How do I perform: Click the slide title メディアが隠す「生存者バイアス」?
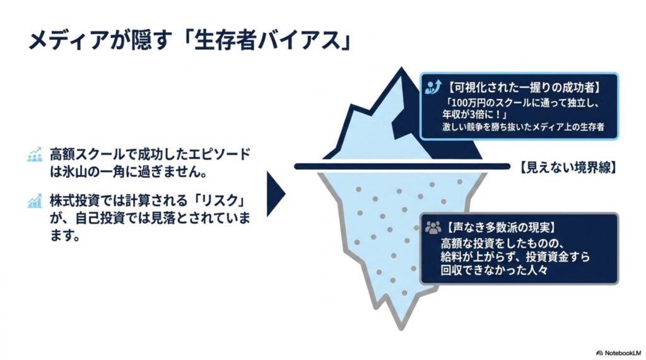[x=189, y=41]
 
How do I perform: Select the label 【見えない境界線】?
[x=567, y=167]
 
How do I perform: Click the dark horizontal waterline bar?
[x=402, y=166]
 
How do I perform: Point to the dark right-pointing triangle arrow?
[x=276, y=194]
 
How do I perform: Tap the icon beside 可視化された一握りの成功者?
[x=433, y=87]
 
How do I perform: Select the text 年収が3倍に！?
[x=474, y=114]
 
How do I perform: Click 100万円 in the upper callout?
[x=466, y=102]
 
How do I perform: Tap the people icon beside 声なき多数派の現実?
[x=433, y=227]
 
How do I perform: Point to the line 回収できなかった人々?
[x=494, y=270]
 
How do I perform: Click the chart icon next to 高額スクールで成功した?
[x=35, y=154]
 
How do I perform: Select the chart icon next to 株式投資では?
[x=35, y=201]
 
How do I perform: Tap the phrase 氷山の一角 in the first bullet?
[x=87, y=171]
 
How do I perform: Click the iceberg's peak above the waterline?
[x=401, y=68]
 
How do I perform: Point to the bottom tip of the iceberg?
[x=401, y=329]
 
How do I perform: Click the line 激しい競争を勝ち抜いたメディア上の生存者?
[x=523, y=127]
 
